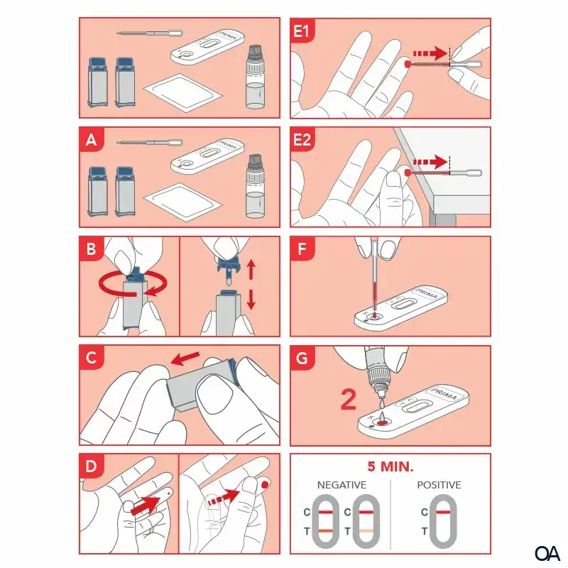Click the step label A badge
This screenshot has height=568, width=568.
(x=91, y=140)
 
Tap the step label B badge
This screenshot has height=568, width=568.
(x=91, y=249)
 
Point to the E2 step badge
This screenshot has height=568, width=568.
(x=304, y=140)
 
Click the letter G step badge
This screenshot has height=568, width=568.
(x=302, y=359)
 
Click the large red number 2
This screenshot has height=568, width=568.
(x=348, y=400)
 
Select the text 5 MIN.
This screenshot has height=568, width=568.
(x=390, y=467)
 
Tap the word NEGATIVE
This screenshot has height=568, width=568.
(x=342, y=485)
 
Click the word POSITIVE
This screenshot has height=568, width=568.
(x=438, y=485)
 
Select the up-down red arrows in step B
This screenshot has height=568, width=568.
(x=250, y=285)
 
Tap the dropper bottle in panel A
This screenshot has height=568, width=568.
(x=255, y=187)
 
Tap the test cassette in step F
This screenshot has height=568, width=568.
(x=401, y=307)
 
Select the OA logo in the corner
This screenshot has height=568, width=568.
(x=547, y=552)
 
